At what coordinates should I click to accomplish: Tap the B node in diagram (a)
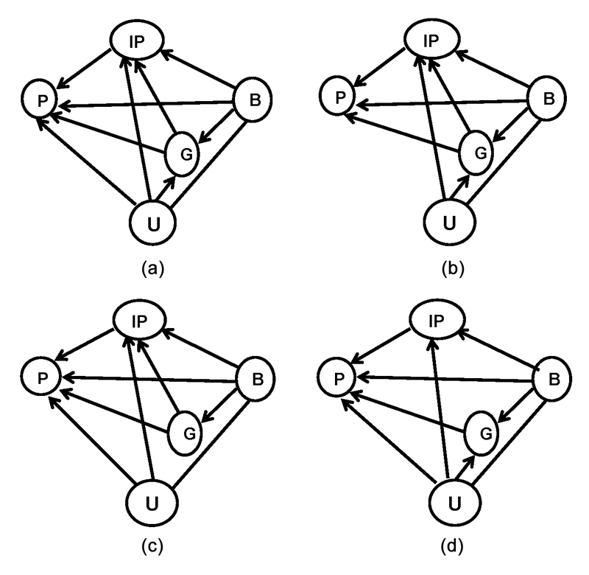pos(253,101)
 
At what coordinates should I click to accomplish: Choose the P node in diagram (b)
pos(340,98)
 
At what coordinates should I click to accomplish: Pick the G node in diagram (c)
pos(188,433)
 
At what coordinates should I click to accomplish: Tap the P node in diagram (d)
pos(340,379)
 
